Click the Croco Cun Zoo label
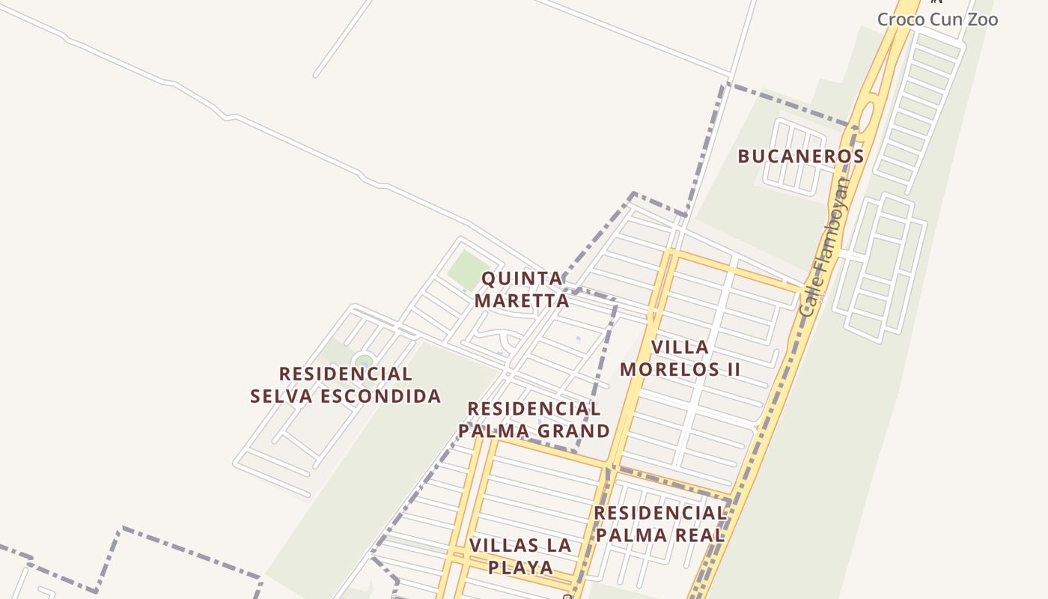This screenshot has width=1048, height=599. (937, 19)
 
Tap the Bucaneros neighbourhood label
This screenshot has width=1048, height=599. (801, 156)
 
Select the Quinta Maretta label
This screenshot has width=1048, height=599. (523, 290)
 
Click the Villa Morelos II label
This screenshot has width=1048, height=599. (680, 358)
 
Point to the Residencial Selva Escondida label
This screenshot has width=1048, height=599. (345, 385)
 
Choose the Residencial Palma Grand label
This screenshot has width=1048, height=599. (534, 420)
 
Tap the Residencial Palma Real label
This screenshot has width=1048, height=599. (660, 524)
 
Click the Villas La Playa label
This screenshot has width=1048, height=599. (521, 556)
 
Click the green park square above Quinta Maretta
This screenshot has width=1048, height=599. (469, 270)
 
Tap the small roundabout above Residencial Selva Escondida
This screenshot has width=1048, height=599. (364, 362)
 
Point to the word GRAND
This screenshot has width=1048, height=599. (574, 431)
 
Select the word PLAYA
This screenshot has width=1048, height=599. (521, 568)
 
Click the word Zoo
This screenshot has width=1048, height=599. (981, 19)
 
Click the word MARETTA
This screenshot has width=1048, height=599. (523, 301)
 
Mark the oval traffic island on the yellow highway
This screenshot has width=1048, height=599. (865, 118)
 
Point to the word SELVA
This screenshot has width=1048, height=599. (285, 396)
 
